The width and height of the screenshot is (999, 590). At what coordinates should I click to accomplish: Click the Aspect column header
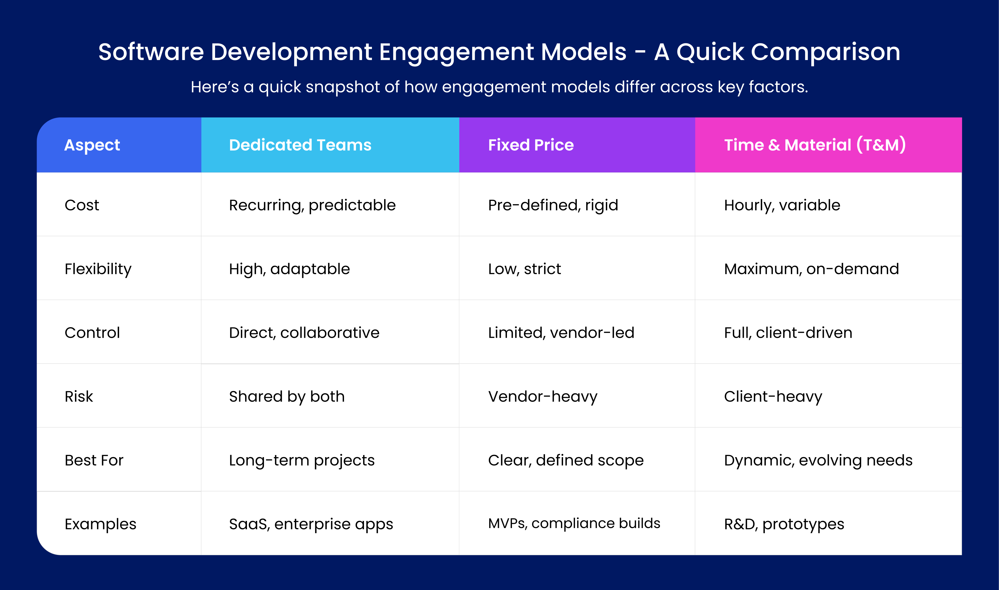coord(92,145)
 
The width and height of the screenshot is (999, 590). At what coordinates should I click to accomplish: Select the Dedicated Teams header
coord(300,145)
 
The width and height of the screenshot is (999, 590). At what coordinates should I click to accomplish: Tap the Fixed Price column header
coord(531,145)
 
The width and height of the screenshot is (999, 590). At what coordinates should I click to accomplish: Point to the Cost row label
coord(82,205)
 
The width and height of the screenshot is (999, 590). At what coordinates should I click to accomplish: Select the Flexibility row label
coord(98,269)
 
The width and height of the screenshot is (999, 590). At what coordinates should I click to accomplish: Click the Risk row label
coord(79,396)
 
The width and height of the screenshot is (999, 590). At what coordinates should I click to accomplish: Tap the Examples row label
coord(100,524)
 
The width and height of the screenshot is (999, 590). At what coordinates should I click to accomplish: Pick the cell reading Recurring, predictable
coord(312,205)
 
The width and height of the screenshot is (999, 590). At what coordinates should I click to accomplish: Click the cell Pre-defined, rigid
coord(553,205)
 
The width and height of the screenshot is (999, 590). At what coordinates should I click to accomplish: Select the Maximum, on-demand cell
coord(811,269)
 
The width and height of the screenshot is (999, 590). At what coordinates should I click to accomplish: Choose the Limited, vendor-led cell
coord(561,333)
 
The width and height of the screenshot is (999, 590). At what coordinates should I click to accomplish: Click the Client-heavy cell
coord(773,396)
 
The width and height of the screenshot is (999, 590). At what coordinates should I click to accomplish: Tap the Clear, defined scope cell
coord(565,460)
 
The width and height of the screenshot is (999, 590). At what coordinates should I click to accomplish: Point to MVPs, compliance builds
coord(574,523)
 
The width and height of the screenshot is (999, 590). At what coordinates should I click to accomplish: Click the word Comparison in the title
coord(825,52)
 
